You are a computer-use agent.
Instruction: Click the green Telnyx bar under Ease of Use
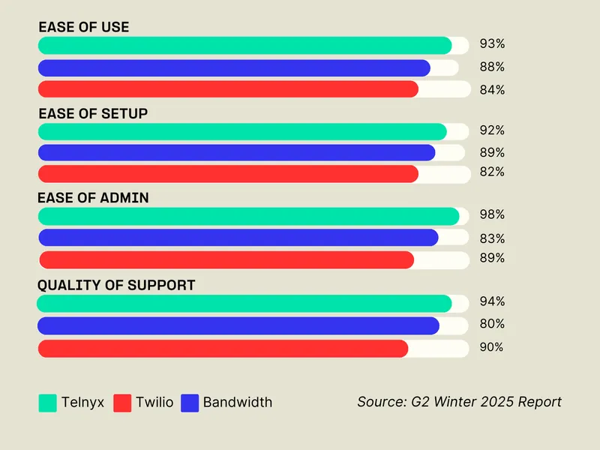244,46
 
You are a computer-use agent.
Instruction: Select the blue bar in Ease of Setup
236,153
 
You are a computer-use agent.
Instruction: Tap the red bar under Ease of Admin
226,260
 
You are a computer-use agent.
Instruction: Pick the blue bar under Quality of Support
238,325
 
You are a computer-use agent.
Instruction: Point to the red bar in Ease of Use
228,89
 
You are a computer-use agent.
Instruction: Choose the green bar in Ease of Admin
248,217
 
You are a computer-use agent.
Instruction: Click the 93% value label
492,44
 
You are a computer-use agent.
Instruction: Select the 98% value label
492,215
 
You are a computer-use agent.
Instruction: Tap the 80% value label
492,325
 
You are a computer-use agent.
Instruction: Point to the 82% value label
492,172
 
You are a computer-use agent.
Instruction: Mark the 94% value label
492,302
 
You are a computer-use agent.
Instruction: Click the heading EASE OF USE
83,27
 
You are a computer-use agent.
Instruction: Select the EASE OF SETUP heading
92,114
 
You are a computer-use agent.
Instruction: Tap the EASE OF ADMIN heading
93,199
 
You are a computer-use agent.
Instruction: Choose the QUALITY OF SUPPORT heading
116,286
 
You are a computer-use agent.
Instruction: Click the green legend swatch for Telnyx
47,403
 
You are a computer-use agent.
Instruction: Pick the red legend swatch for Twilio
122,403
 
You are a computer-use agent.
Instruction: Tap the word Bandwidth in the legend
237,403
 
